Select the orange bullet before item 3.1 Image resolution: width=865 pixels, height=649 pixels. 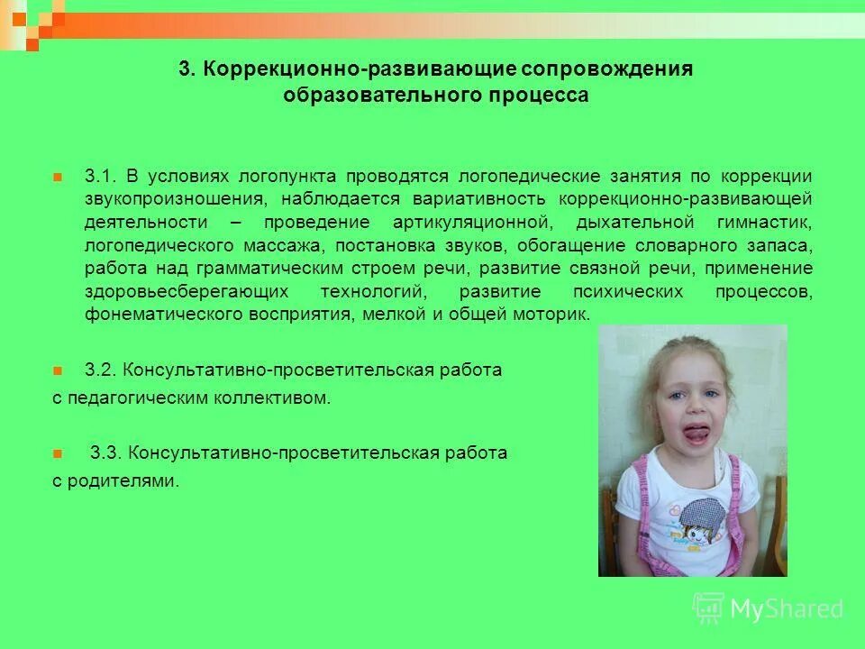pyautogui.click(x=58, y=175)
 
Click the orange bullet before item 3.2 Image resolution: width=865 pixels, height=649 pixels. pyautogui.click(x=58, y=370)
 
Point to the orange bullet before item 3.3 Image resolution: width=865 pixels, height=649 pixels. pyautogui.click(x=58, y=452)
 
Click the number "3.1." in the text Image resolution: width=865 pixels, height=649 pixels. pyautogui.click(x=101, y=175)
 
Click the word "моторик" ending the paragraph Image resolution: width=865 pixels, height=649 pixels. pyautogui.click(x=559, y=315)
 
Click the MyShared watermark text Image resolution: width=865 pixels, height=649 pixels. pyautogui.click(x=787, y=609)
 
